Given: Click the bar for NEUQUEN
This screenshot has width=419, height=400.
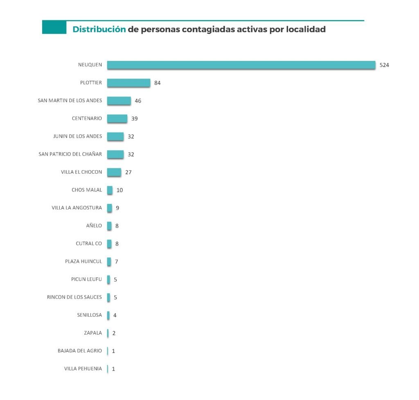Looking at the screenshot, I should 241,65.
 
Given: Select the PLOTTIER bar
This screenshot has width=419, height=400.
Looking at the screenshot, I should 128,83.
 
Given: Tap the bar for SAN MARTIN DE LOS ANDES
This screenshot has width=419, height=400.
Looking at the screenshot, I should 119,101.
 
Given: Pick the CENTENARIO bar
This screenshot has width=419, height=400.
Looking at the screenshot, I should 117,118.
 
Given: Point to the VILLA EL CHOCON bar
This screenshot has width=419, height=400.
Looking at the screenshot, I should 114,172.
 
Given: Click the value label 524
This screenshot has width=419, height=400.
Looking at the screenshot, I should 384,65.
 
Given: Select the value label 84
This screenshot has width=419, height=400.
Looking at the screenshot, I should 158,83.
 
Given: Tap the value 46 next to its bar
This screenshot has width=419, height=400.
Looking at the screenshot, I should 138,101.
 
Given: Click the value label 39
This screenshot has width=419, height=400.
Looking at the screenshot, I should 135,118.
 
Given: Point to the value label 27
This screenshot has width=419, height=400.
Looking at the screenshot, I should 128,172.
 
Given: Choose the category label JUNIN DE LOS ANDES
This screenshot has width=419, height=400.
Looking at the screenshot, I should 77,136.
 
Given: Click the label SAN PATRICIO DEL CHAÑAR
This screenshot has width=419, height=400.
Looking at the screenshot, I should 70,154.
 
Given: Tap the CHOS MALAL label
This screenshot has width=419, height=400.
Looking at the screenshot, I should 87,190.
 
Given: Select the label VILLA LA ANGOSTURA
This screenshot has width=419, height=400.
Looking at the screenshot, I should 77,208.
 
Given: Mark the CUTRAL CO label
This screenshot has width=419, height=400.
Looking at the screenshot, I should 89,244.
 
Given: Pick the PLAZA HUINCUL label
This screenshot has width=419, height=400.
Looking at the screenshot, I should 83,261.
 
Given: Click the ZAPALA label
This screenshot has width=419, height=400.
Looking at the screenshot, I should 93,333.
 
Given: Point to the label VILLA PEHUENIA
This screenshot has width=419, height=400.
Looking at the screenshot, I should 83,369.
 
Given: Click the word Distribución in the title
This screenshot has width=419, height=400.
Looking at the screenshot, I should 99,29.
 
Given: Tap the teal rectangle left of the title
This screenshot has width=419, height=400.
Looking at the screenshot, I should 54,27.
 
